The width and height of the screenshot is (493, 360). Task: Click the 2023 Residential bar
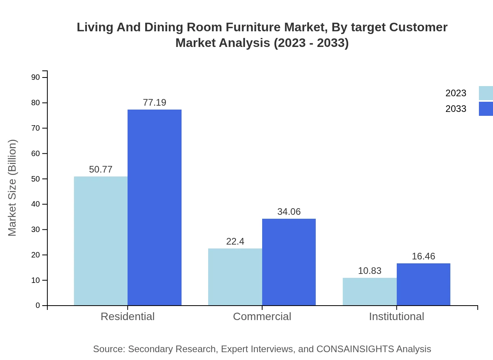click(x=101, y=241)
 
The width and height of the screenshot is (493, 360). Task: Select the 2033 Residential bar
click(x=155, y=207)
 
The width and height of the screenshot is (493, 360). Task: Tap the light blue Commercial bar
click(x=235, y=277)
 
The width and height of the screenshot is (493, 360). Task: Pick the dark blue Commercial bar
click(x=289, y=262)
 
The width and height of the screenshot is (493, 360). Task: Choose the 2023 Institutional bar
click(x=369, y=292)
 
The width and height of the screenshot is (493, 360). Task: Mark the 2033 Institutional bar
click(x=423, y=284)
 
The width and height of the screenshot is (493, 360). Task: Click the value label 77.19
click(x=155, y=103)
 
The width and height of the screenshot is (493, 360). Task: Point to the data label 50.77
click(x=101, y=169)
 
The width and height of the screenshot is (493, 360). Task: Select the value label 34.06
click(x=289, y=212)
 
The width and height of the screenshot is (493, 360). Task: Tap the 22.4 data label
click(x=235, y=241)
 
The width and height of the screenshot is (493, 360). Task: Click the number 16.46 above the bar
click(x=423, y=256)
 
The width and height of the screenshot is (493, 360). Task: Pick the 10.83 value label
click(x=369, y=271)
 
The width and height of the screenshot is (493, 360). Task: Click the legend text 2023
click(x=456, y=93)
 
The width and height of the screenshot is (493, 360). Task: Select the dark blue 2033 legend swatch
click(x=486, y=109)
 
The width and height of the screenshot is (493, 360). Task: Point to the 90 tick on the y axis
click(x=36, y=77)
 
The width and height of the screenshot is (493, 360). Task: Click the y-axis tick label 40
click(x=36, y=204)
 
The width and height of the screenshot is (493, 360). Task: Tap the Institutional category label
click(x=396, y=316)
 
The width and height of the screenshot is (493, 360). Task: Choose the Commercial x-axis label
click(x=262, y=316)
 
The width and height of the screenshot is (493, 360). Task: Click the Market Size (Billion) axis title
click(x=13, y=188)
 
